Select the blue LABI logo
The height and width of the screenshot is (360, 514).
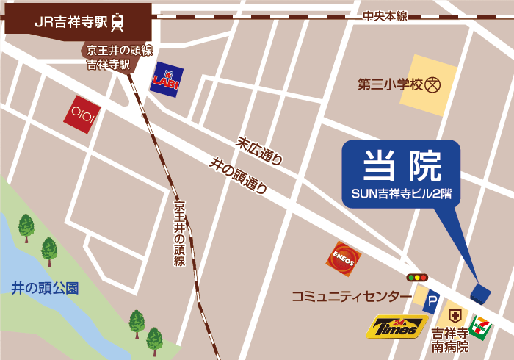(x=166, y=79)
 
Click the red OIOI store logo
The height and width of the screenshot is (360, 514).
(x=82, y=115)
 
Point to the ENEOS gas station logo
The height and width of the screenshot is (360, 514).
(x=344, y=259)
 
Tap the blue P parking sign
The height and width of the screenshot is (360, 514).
(x=432, y=301)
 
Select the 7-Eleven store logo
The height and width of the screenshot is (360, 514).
(x=482, y=323)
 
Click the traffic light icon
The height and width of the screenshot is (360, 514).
(x=417, y=278)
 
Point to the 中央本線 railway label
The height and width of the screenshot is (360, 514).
(x=385, y=16)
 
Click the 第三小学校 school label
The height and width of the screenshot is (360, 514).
(x=391, y=84)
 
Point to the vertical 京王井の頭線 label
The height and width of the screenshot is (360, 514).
(x=179, y=232)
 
